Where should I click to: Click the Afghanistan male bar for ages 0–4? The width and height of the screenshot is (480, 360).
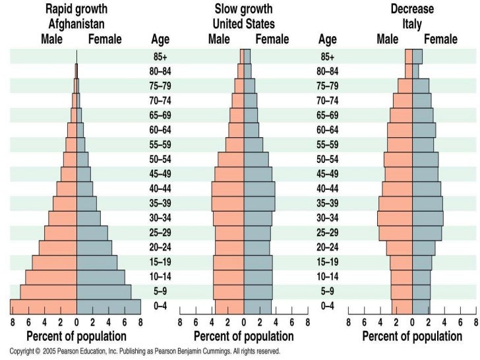click(44, 306)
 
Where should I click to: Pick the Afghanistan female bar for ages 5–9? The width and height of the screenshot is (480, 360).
click(104, 291)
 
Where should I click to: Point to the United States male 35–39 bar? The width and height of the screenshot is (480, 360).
click(227, 203)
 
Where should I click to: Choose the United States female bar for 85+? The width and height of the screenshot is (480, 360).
click(247, 57)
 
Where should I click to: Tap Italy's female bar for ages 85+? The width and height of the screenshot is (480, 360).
click(417, 57)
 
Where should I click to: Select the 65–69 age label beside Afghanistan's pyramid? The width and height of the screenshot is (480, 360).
click(162, 115)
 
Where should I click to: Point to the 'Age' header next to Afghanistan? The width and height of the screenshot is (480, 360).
click(160, 40)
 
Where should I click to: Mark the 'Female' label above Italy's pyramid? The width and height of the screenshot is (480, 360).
click(441, 40)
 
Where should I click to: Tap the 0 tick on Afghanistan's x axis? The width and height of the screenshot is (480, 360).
click(76, 323)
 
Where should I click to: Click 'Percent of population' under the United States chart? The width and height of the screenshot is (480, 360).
click(243, 337)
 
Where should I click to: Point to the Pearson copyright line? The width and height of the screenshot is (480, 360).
click(142, 351)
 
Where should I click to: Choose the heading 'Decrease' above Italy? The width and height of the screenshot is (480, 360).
click(413, 9)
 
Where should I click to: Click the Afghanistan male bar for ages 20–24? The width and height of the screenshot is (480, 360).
click(57, 247)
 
